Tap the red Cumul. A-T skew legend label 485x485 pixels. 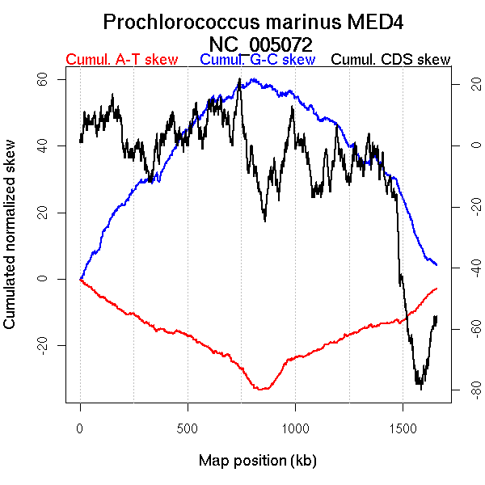121,60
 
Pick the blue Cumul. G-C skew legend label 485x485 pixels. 257,60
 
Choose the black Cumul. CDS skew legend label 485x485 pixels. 391,60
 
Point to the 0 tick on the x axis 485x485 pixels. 80,427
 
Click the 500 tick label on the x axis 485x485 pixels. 188,427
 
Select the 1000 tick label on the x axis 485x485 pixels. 295,427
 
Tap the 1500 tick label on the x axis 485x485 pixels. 403,427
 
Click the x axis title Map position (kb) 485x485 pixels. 257,462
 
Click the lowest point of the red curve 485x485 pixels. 260,390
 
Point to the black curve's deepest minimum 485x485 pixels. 420,389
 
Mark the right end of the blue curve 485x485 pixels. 436,265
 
